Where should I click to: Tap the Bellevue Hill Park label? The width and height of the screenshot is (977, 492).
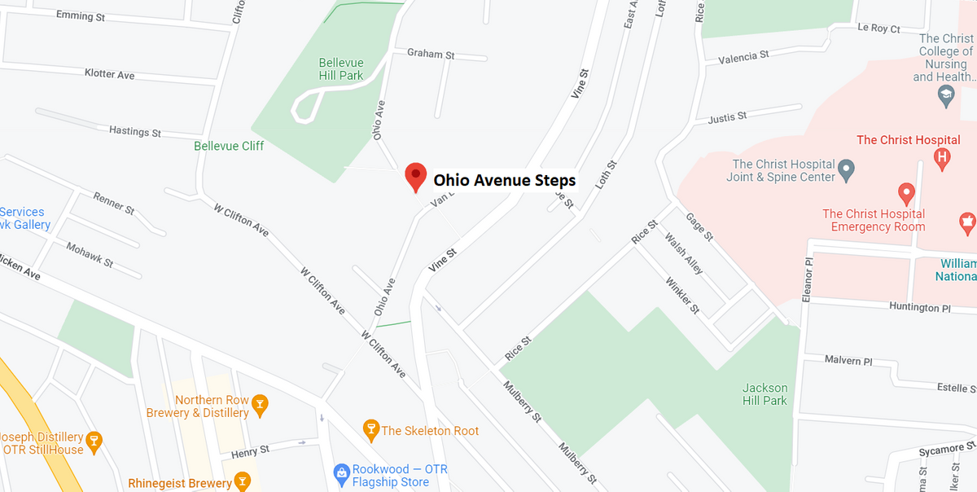[341, 69]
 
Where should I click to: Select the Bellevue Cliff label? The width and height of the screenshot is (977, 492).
[229, 146]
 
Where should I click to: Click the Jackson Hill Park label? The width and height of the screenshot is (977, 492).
[765, 394]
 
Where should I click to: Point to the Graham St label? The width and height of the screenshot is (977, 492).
[431, 54]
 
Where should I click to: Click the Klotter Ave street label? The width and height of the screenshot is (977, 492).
[109, 74]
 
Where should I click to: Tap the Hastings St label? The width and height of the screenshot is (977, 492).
[135, 131]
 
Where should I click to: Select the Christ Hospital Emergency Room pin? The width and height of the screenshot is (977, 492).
[906, 194]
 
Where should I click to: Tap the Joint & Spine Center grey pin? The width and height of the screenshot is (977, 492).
[847, 171]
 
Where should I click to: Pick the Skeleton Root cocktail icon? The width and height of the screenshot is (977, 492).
[370, 428]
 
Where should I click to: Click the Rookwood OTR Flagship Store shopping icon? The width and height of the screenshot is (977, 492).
[342, 472]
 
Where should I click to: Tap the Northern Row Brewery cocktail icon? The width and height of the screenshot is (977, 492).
[260, 402]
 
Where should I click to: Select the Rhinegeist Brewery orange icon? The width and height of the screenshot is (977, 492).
[241, 481]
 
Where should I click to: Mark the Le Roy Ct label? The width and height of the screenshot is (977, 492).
[878, 29]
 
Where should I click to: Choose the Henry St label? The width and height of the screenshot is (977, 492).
[250, 450]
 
